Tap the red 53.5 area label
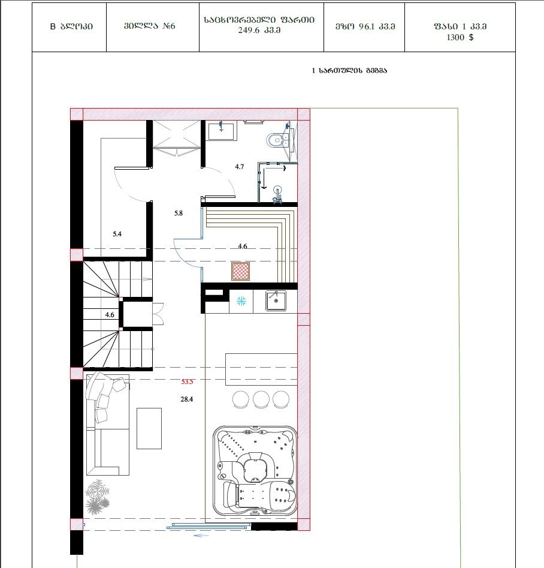(187, 381)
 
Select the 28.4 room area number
(187, 399)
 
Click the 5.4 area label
(117, 234)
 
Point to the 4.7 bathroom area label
(239, 167)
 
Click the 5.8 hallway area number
(179, 213)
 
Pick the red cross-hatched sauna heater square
(241, 271)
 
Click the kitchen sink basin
(276, 300)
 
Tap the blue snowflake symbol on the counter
(241, 300)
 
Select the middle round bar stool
(261, 399)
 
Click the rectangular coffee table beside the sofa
(149, 428)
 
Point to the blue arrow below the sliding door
(201, 535)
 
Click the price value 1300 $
(460, 37)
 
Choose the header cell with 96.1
(364, 26)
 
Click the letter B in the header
(53, 26)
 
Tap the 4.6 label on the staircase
(110, 315)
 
